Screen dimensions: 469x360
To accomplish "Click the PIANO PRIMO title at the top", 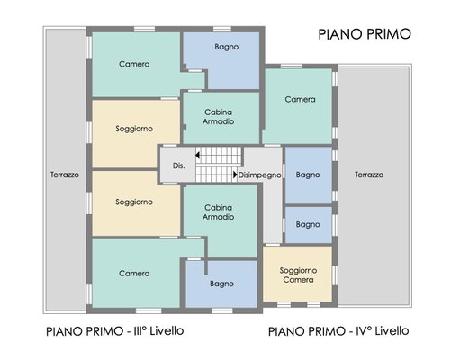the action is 365,34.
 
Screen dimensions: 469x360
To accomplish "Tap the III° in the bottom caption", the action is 140,331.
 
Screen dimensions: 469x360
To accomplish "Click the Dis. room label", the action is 179,166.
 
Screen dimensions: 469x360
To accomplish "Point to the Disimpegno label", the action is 259,175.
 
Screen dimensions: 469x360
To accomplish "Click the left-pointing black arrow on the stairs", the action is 197,155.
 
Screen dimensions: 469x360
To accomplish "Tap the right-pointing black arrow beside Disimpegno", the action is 235,175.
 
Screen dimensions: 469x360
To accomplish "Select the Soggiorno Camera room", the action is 298,274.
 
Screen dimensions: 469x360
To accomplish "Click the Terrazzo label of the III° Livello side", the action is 65,175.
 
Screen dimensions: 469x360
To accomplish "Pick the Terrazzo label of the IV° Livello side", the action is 369,175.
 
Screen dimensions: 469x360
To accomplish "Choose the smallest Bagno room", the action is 309,224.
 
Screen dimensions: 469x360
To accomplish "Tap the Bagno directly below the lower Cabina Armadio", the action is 221,283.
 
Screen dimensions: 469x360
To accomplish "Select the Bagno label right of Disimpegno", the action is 308,175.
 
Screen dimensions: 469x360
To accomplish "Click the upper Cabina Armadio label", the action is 219,117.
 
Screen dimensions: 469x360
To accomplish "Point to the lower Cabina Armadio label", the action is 219,212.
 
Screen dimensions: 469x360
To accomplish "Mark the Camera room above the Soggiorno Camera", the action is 299,106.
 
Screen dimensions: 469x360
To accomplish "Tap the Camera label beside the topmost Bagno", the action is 134,64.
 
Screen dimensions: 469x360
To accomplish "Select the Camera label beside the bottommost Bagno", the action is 134,274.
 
